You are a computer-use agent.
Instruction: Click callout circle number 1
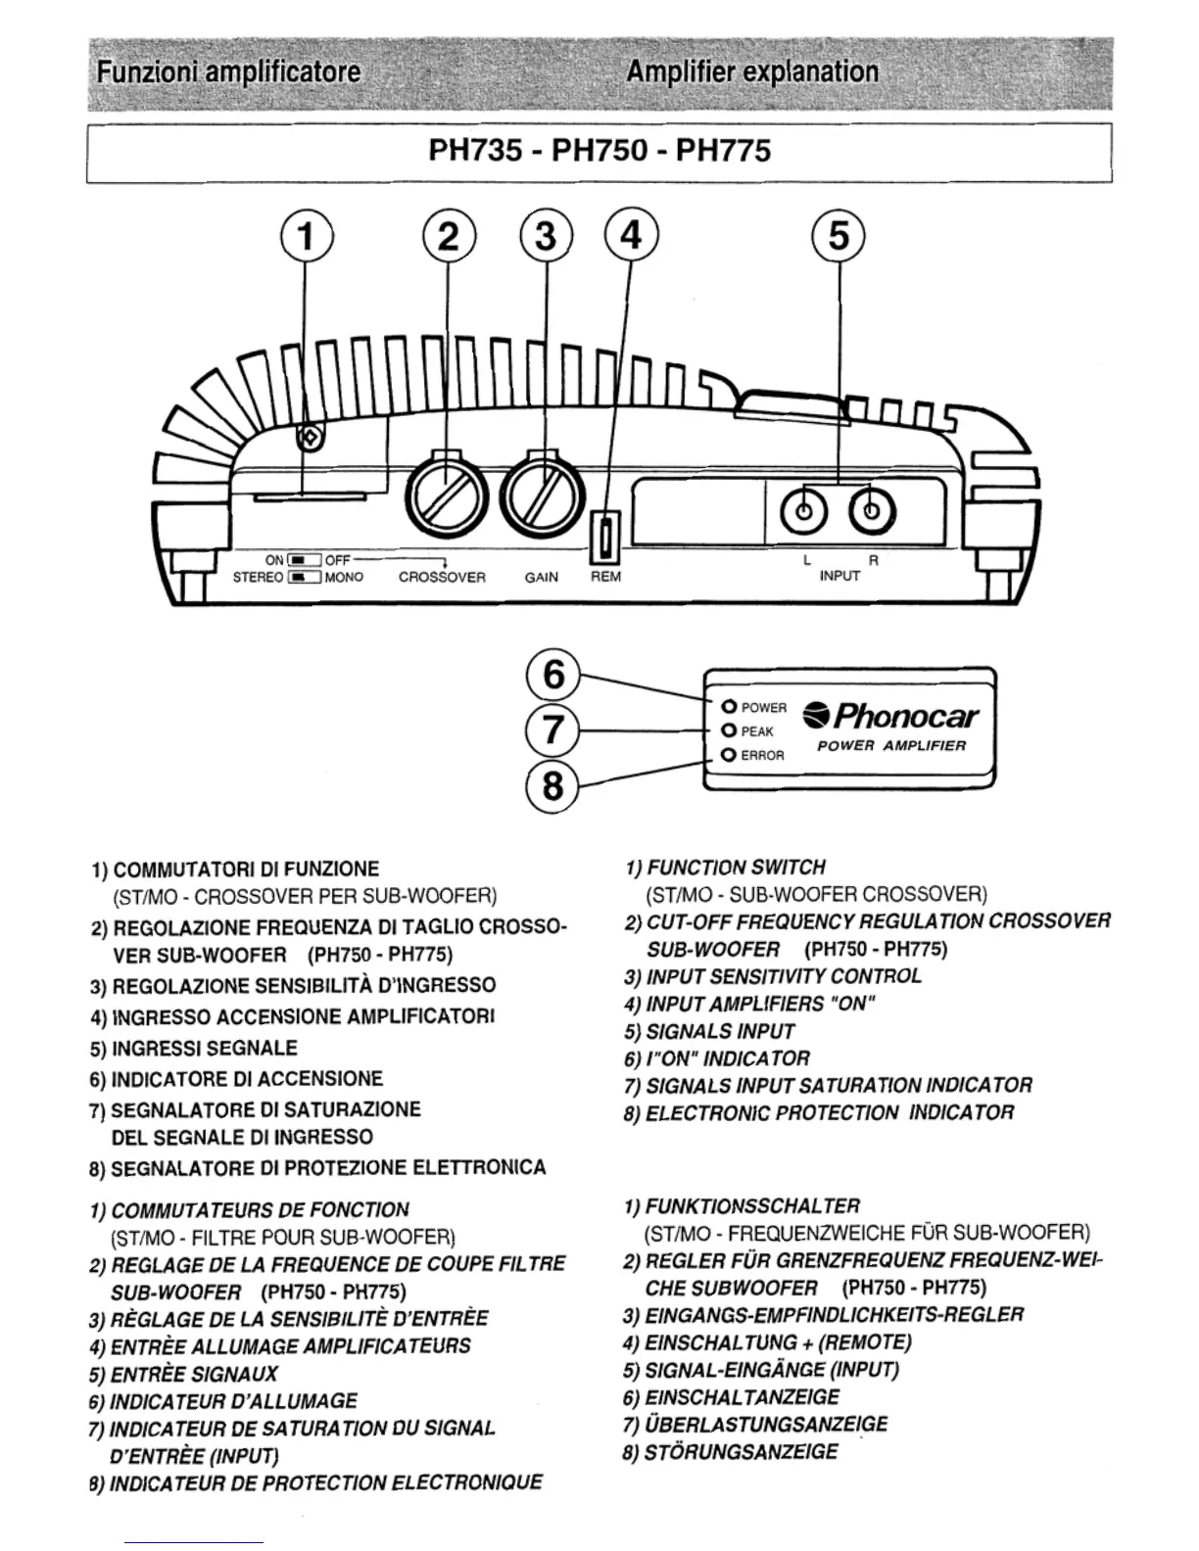point(307,238)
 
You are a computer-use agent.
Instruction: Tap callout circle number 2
point(448,238)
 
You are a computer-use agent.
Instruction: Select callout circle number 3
point(546,238)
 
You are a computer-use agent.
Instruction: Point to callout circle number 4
point(632,238)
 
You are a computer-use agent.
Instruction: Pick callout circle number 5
point(839,238)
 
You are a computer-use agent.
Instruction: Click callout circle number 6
point(554,675)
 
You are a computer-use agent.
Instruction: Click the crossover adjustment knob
point(447,489)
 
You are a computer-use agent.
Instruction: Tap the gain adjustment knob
point(540,489)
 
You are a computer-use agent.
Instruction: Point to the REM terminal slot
point(605,539)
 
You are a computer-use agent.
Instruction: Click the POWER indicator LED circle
point(728,707)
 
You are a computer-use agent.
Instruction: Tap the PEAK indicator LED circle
point(728,730)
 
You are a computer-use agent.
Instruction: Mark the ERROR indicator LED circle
point(728,755)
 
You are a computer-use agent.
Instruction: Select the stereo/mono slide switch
point(306,578)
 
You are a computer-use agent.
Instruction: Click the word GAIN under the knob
point(541,578)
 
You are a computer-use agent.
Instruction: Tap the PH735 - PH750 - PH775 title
point(599,151)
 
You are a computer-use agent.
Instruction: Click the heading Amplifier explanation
point(752,71)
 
